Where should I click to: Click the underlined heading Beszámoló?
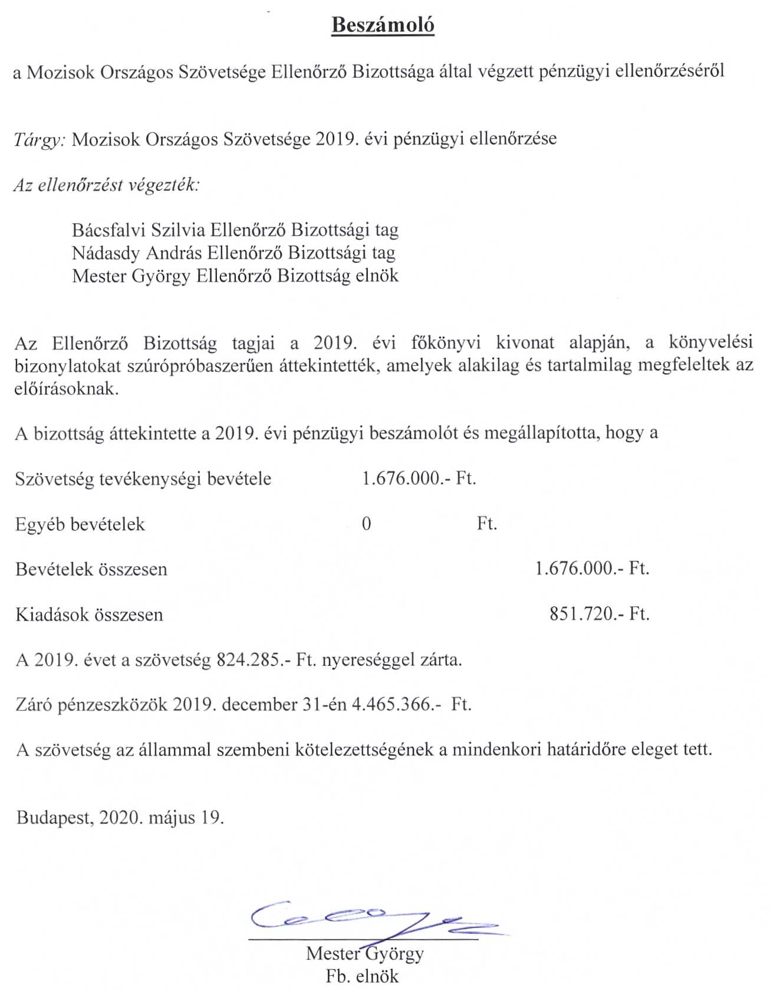(383, 25)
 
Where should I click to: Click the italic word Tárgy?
(39, 140)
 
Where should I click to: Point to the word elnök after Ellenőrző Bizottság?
(377, 276)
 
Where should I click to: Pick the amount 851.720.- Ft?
(599, 614)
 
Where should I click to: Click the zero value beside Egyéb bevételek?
(366, 524)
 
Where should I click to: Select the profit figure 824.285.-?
(254, 659)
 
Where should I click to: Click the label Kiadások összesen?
(89, 615)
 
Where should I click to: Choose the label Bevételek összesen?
(91, 569)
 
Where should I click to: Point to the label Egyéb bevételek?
(80, 524)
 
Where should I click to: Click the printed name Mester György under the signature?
(364, 953)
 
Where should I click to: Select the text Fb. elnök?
(362, 976)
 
